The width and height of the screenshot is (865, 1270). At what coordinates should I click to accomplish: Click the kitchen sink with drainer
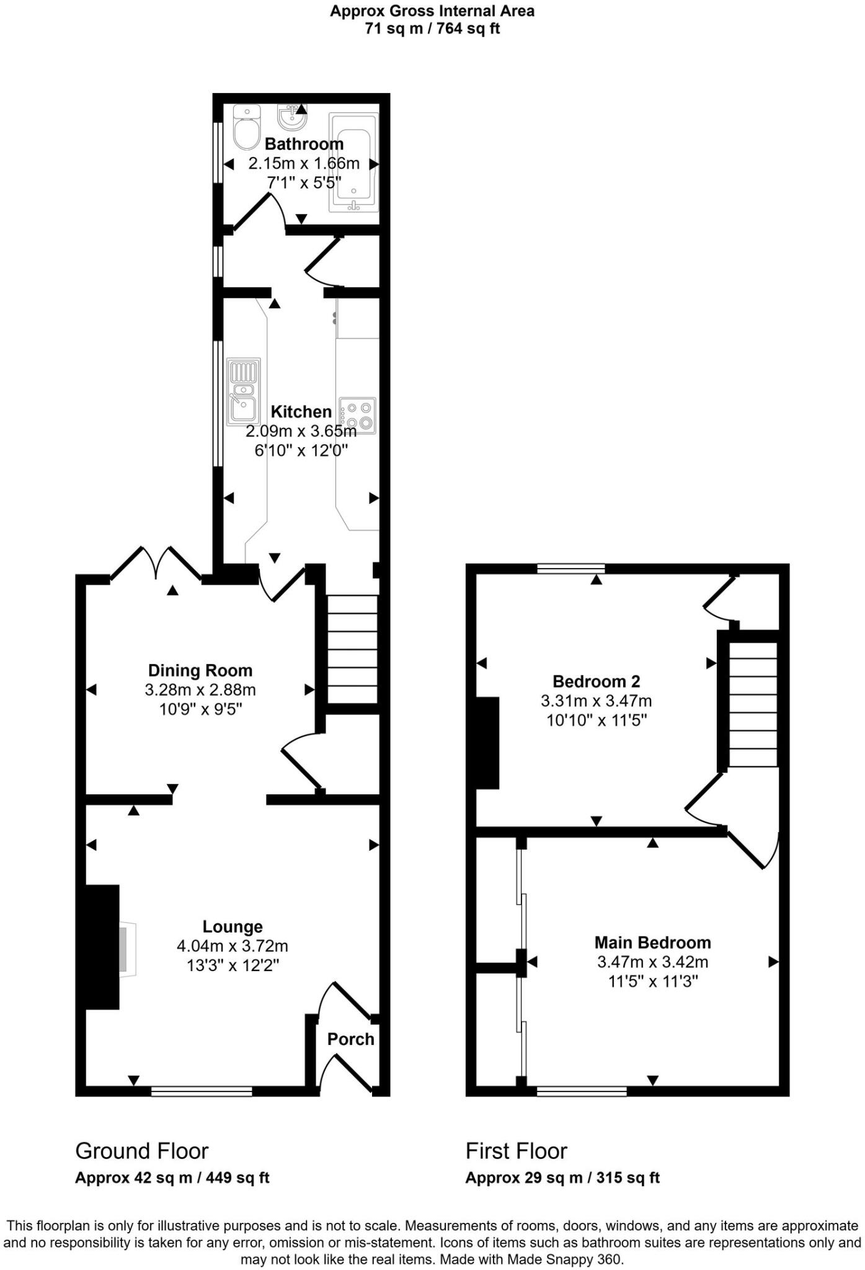coord(244,391)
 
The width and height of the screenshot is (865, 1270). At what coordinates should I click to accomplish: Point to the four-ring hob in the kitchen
coord(358,415)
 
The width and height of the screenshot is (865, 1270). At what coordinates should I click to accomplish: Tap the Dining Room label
coord(200,670)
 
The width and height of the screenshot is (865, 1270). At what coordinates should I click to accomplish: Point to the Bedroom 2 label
coord(596,682)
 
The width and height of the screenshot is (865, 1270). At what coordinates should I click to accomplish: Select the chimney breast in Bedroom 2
coord(487,743)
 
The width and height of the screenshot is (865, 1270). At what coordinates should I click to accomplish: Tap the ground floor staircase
coord(352,649)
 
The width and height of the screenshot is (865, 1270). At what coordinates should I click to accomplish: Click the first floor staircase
coord(753,704)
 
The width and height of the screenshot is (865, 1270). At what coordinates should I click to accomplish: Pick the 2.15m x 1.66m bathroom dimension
coord(304,164)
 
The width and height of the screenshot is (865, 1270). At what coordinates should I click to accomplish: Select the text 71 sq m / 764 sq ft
coord(432,29)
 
